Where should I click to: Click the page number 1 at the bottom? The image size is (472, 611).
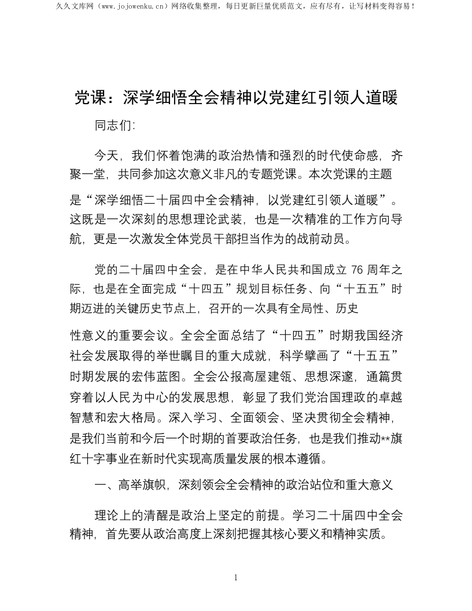coord(236,577)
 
